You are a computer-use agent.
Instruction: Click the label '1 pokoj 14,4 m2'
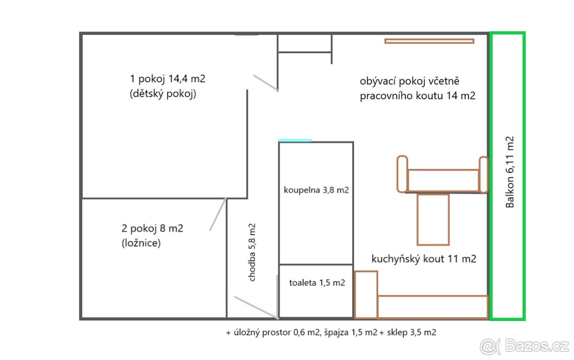point(171,78)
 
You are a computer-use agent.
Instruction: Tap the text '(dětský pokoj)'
point(163,94)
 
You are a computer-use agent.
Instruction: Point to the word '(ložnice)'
point(141,243)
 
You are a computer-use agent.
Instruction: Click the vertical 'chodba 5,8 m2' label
point(252,252)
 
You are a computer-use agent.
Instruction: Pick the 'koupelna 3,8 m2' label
point(316,190)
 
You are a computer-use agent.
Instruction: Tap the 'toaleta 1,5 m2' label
point(317,283)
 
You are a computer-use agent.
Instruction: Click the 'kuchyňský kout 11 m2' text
point(424,259)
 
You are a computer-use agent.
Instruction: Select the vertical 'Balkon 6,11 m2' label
point(510,172)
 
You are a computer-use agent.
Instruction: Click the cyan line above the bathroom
point(295,140)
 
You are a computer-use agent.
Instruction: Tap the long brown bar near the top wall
point(429,41)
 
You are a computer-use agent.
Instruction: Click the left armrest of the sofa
point(402,174)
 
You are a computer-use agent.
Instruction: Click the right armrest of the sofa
point(483,175)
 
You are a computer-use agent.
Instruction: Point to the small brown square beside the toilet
point(366,294)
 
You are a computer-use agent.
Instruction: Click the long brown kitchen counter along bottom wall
point(432,306)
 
